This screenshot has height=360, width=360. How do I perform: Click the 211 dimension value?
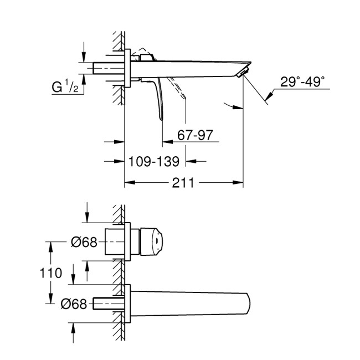pyautogui.click(x=184, y=181)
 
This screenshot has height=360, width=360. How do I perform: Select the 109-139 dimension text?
pyautogui.click(x=153, y=161)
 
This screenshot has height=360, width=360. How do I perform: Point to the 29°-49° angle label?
pyautogui.click(x=302, y=81)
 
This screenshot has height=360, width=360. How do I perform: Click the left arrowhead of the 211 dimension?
pyautogui.click(x=127, y=182)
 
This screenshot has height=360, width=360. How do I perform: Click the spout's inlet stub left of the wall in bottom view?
pyautogui.click(x=106, y=303)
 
